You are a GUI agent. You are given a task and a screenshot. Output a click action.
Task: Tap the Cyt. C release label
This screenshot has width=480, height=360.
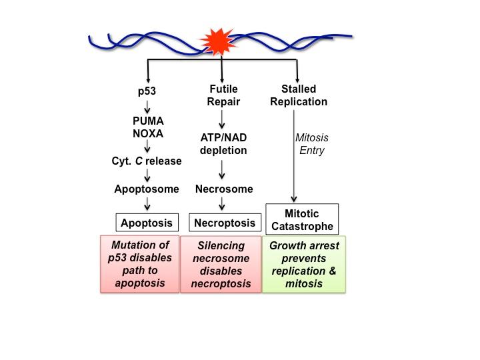pos(147,161)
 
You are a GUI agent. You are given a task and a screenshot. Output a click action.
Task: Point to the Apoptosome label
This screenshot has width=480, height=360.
pos(147,189)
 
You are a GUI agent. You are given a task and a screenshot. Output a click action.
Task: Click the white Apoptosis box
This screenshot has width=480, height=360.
pos(147,223)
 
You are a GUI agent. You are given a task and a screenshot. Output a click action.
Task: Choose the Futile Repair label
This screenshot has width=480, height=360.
pos(223,95)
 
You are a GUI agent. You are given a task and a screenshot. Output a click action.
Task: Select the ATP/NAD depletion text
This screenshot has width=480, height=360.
pos(223,144)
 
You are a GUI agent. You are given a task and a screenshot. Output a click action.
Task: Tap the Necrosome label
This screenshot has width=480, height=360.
pos(223,189)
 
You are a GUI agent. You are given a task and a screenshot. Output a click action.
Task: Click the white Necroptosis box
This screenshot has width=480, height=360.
pos(224,223)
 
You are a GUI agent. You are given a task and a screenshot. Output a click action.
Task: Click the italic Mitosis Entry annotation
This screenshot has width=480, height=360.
pos(311,144)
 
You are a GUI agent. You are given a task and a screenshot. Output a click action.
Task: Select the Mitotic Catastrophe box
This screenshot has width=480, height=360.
pos(303,219)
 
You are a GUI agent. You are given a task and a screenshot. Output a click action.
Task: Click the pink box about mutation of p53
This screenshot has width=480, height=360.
pos(140,264)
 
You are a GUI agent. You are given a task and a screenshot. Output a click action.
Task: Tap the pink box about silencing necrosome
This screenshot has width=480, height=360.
pos(221,264)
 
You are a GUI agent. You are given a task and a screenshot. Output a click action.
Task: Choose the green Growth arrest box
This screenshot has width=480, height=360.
pos(304,264)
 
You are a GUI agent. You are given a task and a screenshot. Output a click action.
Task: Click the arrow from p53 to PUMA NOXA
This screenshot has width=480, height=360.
pos(147,107)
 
